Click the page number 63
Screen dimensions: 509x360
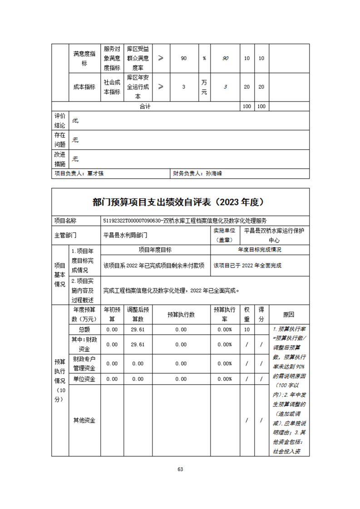pos(180,469)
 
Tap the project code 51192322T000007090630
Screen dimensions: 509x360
pos(133,220)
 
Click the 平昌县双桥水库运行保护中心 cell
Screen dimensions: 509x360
pos(274,235)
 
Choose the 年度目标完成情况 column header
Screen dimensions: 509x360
pos(260,250)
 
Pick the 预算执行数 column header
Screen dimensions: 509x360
pos(181,314)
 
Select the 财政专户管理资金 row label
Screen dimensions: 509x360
pos(84,363)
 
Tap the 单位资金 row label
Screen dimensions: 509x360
pos(84,379)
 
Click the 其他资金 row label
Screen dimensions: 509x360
pos(84,420)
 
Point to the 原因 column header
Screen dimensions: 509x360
pos(289,314)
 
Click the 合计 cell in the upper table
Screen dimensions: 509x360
pos(145,107)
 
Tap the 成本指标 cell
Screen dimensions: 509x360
pos(84,87)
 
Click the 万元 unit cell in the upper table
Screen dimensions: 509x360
pos(204,87)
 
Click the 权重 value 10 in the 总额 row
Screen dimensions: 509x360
pos(247,330)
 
